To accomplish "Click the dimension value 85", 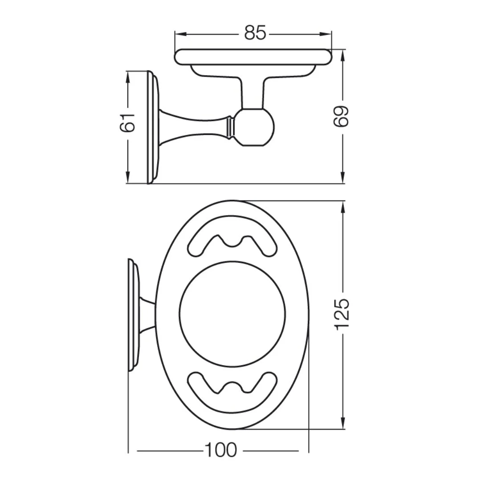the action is pos(255,33).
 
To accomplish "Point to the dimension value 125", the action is pos(342,314).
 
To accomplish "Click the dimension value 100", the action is pos(220,450).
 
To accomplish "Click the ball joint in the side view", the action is pos(254,127).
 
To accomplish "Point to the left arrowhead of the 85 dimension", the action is pos(181,34).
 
